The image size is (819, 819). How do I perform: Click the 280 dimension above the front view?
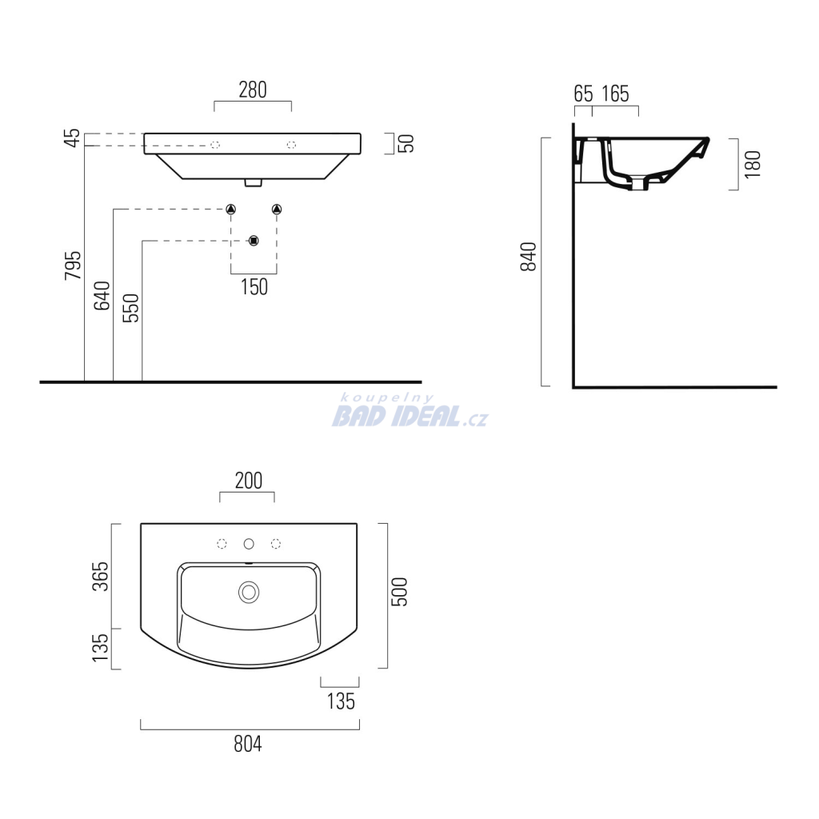coord(253,90)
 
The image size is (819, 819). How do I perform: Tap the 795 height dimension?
coord(73,266)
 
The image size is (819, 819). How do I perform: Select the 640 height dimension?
coord(102,296)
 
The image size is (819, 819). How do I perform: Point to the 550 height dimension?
coord(130,308)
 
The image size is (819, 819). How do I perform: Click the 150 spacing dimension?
coord(254,287)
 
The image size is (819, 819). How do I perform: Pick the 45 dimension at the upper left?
coord(72,138)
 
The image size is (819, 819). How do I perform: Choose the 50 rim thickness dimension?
coord(406,143)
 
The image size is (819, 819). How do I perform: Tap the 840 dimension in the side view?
coord(528,257)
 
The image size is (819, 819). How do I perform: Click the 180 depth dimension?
coord(753,164)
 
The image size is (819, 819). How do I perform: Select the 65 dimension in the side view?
coord(583,94)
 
